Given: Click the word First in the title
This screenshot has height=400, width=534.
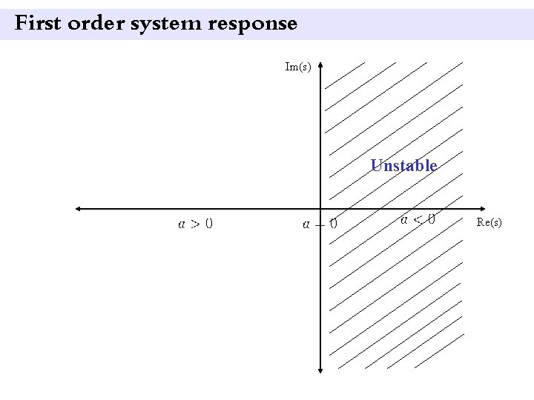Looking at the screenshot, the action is point(38,24).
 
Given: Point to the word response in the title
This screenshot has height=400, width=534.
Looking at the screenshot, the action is point(253,24).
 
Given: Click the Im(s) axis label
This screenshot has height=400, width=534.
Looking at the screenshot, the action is point(298,67).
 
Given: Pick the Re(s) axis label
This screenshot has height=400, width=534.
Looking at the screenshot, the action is point(489,222).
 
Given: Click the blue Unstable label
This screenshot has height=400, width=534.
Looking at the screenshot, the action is point(404,165).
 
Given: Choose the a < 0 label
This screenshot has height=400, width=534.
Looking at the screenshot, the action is point(418,219).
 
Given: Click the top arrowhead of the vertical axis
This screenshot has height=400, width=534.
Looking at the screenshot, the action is point(321,66).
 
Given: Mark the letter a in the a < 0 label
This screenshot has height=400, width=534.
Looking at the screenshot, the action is point(404,219).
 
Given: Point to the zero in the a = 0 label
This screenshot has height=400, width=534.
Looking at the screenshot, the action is point(334,222).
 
